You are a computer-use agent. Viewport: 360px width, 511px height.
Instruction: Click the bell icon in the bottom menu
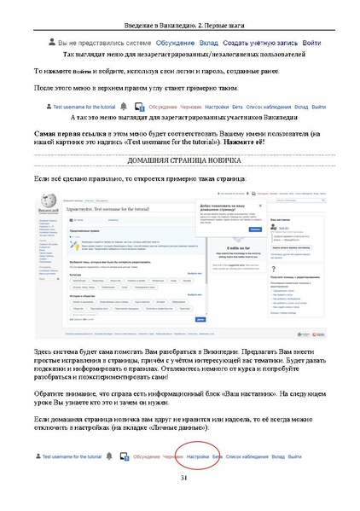110,457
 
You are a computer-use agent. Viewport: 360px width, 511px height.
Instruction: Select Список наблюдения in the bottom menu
253,457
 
